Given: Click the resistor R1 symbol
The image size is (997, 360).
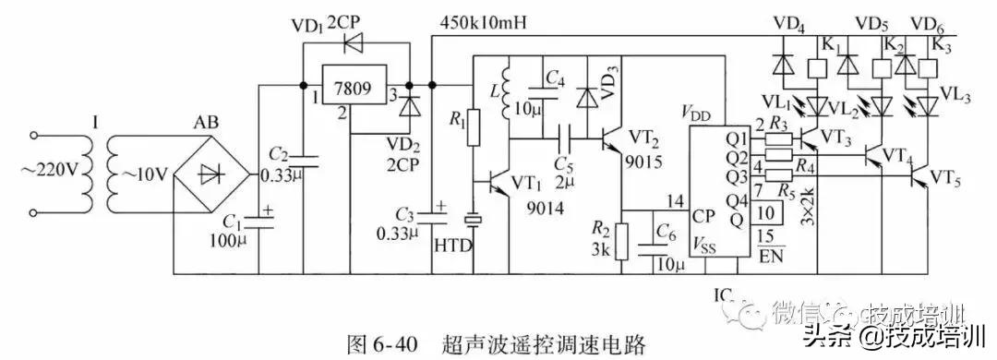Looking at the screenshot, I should coord(473,127).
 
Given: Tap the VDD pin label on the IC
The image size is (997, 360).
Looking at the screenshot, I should coord(698,114).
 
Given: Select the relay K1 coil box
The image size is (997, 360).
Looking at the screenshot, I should coord(815,70).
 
